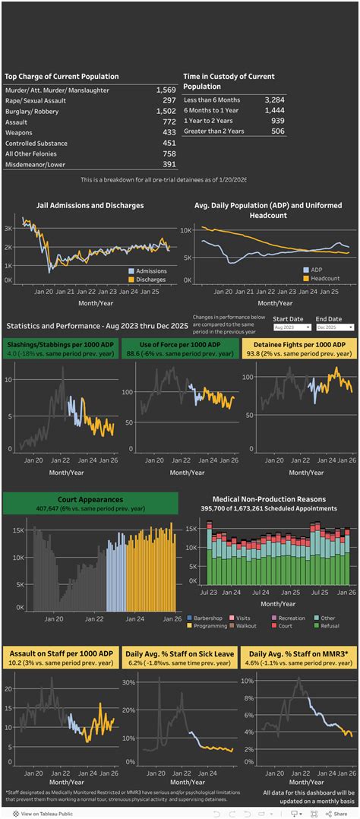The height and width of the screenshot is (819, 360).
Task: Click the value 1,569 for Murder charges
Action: pyautogui.click(x=165, y=90)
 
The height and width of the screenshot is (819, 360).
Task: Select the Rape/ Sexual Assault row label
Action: pyautogui.click(x=33, y=101)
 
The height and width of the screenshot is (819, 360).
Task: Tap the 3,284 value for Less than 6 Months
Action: pyautogui.click(x=273, y=100)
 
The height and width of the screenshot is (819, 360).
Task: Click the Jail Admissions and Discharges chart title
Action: pyautogui.click(x=90, y=205)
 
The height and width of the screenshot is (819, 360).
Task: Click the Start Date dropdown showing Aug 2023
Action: pyautogui.click(x=292, y=327)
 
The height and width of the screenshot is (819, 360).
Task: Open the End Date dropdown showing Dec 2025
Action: pyautogui.click(x=335, y=327)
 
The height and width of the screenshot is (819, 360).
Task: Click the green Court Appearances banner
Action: pyautogui.click(x=90, y=503)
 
